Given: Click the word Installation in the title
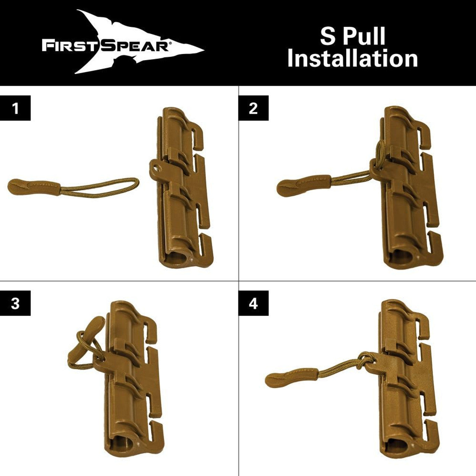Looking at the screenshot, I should click(352, 59).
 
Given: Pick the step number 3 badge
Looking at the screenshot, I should click(15, 304).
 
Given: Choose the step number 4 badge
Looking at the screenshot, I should click(253, 304).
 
